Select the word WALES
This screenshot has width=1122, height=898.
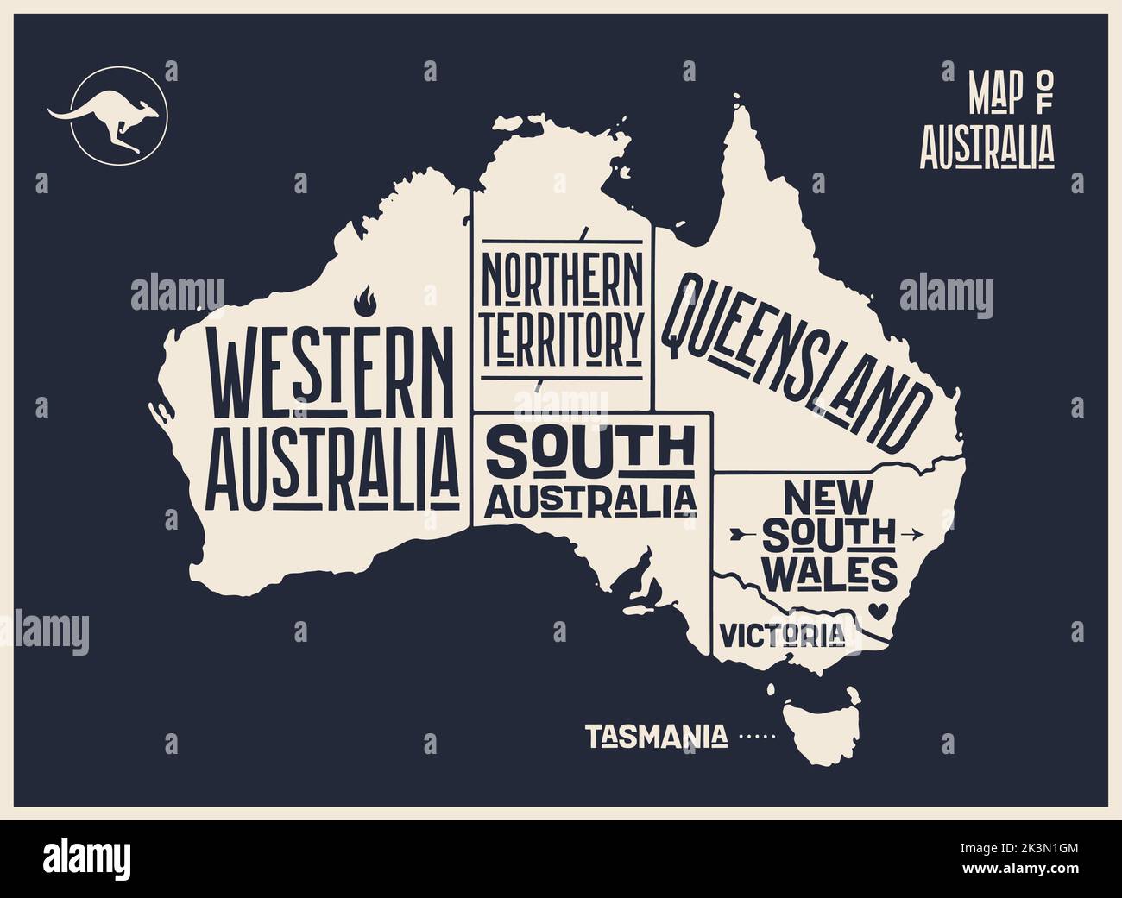(830, 572)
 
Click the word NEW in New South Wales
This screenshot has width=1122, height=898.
(829, 498)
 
